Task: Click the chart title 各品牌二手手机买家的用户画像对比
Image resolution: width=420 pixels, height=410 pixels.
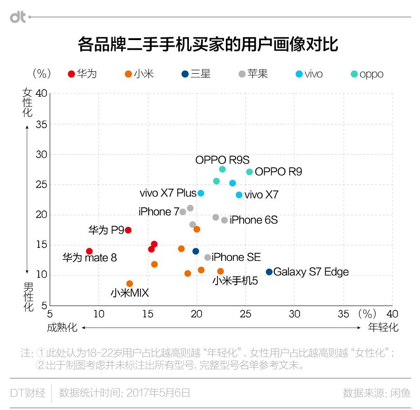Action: coord(208,45)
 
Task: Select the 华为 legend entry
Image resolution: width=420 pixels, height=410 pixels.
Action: coord(82,74)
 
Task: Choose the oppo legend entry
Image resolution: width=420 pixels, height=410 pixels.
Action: coord(367,74)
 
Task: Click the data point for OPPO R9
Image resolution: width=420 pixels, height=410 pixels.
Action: coord(250,172)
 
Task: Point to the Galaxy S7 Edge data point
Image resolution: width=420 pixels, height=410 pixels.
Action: coord(269,272)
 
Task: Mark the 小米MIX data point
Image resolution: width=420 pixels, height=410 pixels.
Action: coord(130,284)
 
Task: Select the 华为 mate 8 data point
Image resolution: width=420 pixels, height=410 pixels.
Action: coord(89,251)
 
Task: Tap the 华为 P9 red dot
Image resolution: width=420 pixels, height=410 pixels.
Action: coord(128,230)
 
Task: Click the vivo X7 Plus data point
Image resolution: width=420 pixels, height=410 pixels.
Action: coord(201,193)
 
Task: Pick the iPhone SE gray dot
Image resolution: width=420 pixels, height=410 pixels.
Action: coord(208,257)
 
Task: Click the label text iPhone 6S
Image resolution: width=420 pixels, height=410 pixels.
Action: coord(253,220)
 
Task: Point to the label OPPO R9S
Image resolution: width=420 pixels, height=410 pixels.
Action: coord(222,160)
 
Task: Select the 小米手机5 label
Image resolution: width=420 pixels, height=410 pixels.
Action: coord(235,281)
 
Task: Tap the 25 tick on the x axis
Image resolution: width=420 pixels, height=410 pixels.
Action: coord(245,314)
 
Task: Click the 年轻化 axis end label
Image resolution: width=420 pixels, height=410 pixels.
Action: coord(383,328)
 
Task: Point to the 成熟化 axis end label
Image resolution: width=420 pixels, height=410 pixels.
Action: coord(62,328)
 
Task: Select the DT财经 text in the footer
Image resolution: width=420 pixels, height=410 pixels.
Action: coord(28,393)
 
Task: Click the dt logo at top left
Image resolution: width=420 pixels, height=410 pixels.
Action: coord(19,17)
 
